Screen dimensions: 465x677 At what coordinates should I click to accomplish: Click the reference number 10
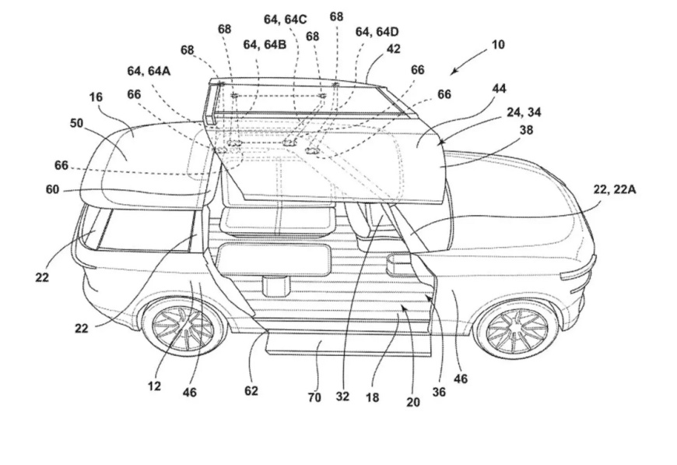497,44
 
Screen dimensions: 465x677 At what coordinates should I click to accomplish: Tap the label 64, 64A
148,71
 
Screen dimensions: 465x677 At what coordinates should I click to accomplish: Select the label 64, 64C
285,19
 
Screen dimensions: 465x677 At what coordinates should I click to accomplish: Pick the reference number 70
314,397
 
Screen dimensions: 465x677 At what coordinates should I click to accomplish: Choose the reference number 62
251,390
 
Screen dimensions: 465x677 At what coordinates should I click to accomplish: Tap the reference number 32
342,396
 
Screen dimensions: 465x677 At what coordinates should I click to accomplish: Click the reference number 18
373,397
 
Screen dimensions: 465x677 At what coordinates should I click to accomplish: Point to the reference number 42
393,48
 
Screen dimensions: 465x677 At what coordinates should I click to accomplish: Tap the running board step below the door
348,343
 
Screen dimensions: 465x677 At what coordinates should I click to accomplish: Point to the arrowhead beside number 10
454,72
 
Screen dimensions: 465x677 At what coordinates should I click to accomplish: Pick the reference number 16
96,97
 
